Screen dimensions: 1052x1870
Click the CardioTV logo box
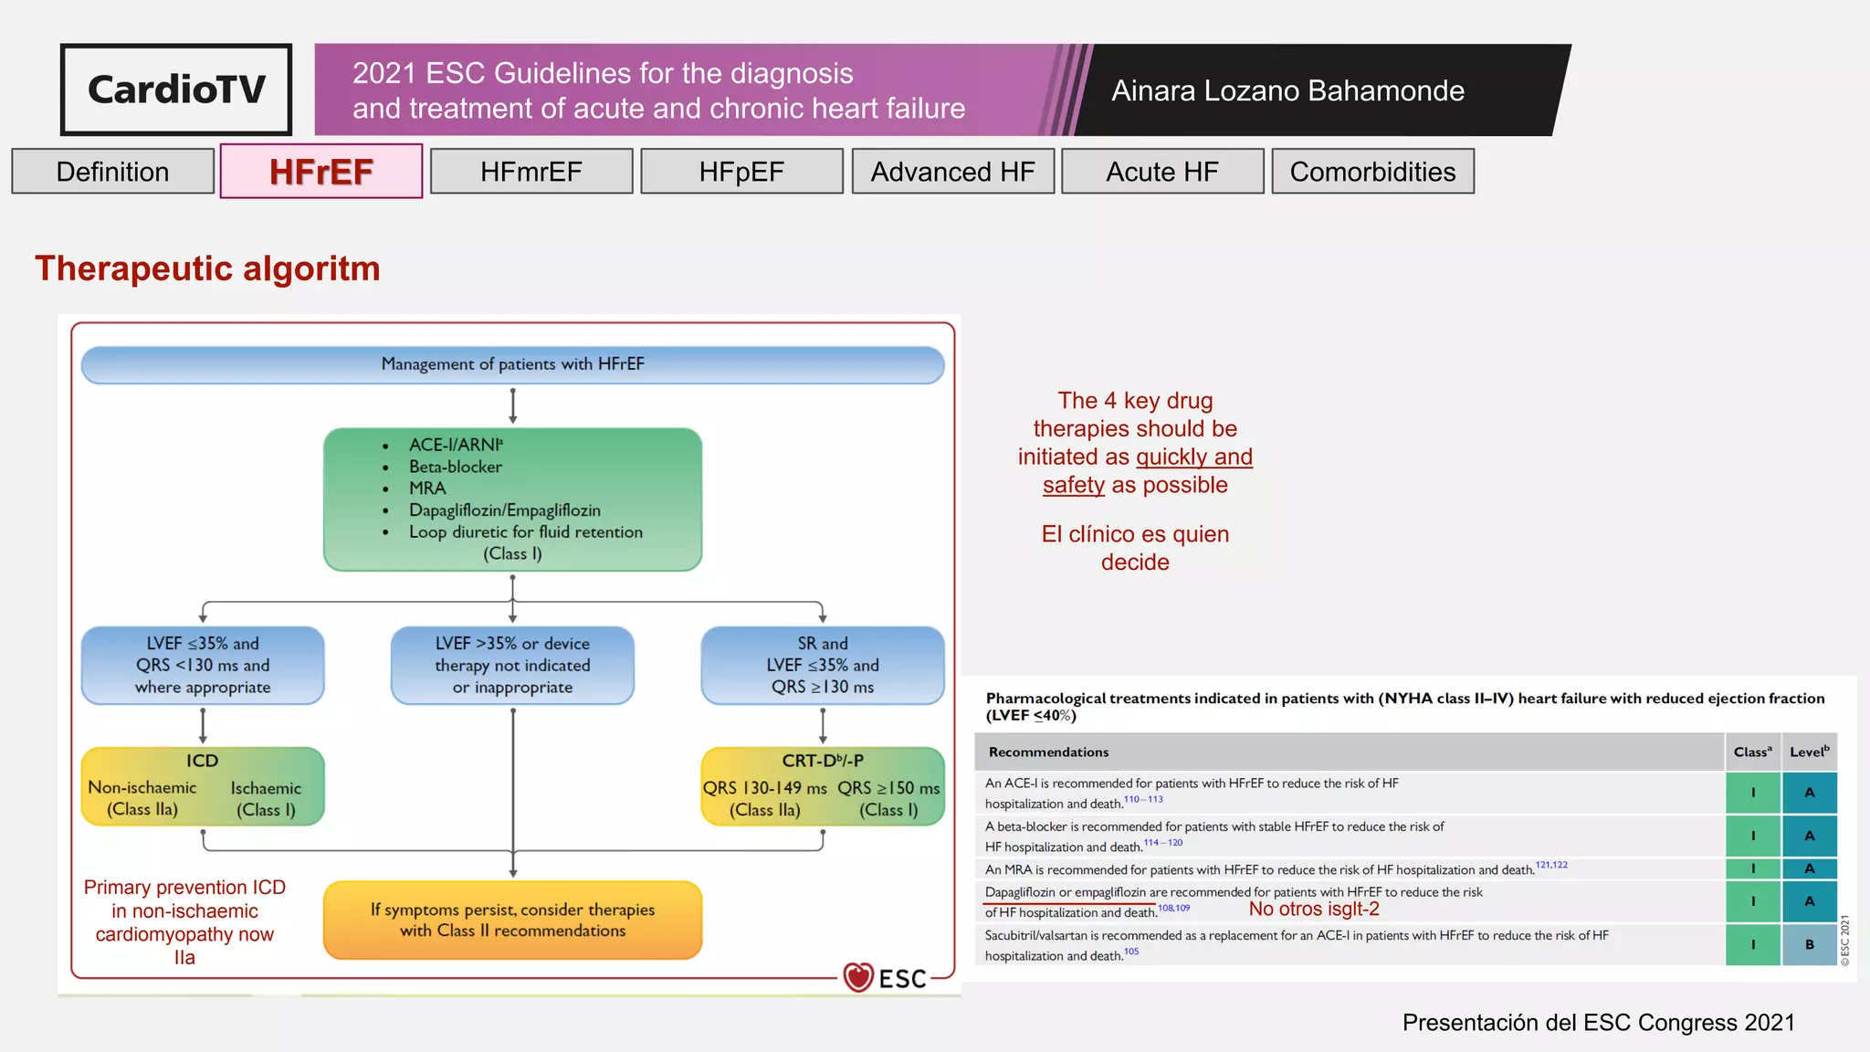click(176, 89)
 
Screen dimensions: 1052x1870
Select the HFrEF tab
click(320, 172)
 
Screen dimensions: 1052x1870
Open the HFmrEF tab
click(531, 172)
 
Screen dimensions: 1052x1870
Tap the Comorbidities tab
click(1371, 172)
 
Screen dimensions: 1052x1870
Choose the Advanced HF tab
click(952, 172)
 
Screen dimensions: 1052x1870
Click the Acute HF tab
click(1161, 172)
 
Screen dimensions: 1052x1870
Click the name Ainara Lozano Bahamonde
click(1287, 90)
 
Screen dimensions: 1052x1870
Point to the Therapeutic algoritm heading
click(207, 268)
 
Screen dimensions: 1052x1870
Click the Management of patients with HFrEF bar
click(512, 364)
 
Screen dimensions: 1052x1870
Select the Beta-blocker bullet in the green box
click(455, 467)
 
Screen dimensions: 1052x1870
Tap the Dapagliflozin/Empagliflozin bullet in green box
click(504, 510)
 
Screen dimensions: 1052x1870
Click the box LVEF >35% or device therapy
click(512, 665)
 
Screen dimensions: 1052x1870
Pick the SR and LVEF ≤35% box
click(822, 665)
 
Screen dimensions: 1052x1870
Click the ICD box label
click(202, 761)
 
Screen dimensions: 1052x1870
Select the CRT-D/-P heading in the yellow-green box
click(822, 761)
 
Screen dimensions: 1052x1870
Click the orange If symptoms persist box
click(512, 920)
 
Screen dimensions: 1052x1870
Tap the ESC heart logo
click(857, 977)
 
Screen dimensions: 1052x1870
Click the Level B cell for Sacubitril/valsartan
click(1809, 945)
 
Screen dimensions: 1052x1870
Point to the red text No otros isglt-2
click(1313, 910)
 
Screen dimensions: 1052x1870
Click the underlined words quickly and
click(1193, 457)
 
